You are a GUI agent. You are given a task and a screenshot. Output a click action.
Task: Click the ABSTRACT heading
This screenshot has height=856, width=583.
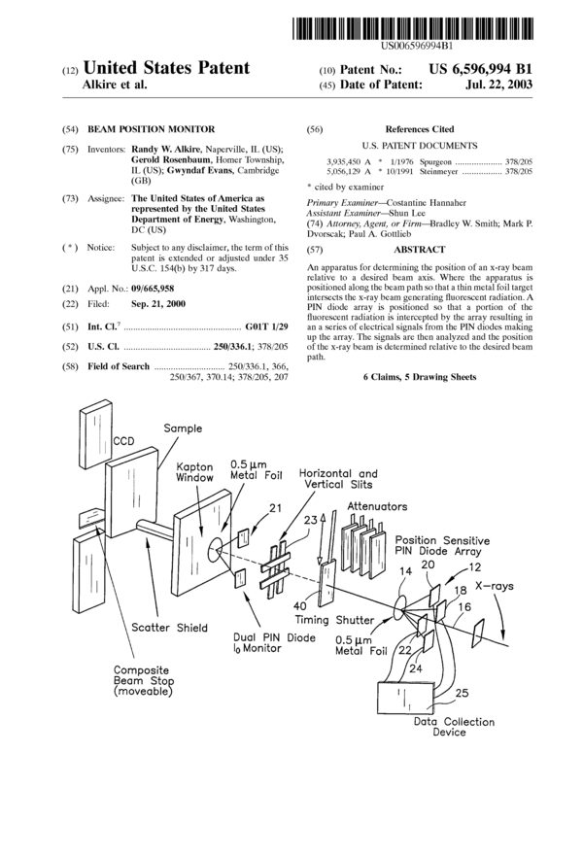(x=417, y=250)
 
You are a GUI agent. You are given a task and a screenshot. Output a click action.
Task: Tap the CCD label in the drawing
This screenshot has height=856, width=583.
(x=124, y=440)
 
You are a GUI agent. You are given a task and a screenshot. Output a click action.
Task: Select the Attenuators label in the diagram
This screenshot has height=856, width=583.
(x=380, y=507)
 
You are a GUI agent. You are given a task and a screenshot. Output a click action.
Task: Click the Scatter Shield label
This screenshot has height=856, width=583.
(x=169, y=627)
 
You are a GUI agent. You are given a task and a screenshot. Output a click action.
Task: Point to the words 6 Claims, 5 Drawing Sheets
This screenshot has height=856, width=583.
(x=420, y=376)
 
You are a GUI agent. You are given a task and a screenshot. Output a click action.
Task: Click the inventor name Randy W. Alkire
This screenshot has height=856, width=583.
(x=158, y=148)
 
